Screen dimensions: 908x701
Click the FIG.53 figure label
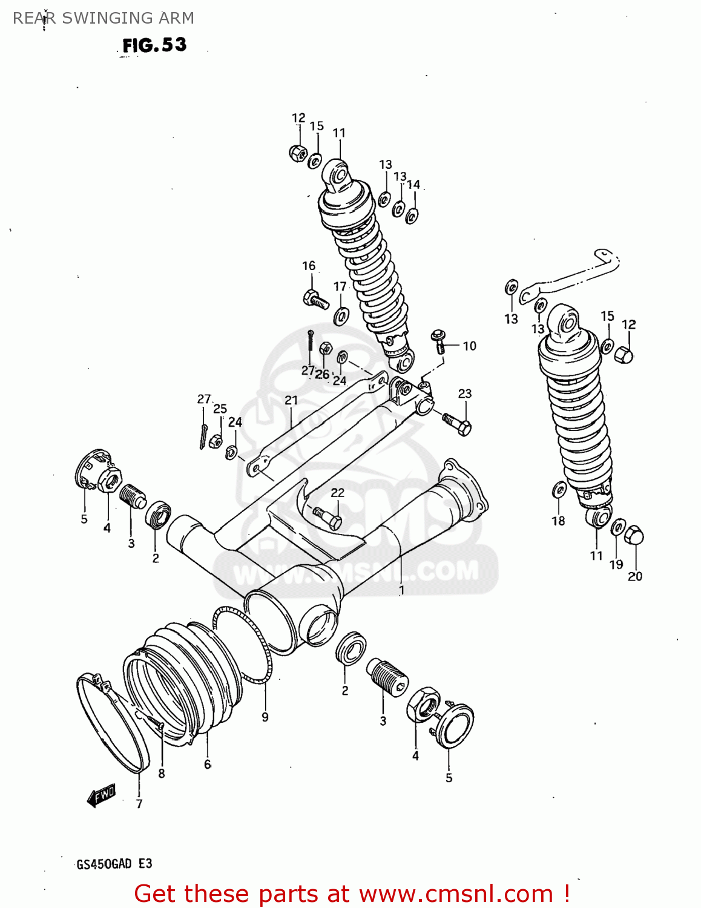[154, 45]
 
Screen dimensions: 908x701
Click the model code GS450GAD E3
[114, 864]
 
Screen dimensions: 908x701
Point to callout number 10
[470, 346]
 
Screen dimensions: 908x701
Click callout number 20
[634, 576]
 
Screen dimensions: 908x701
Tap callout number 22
[337, 493]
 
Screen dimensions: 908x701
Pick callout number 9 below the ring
[265, 717]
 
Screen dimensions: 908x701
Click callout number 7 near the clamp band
[139, 804]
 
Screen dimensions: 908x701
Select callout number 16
[309, 266]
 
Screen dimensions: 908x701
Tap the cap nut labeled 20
[633, 535]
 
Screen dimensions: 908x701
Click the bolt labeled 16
[315, 299]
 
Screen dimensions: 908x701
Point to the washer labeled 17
[341, 315]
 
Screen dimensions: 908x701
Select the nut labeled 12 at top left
[297, 154]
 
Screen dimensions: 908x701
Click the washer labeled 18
[559, 489]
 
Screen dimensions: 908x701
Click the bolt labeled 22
[327, 517]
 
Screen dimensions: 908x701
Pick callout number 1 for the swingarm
[401, 589]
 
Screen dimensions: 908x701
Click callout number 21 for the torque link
[291, 400]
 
